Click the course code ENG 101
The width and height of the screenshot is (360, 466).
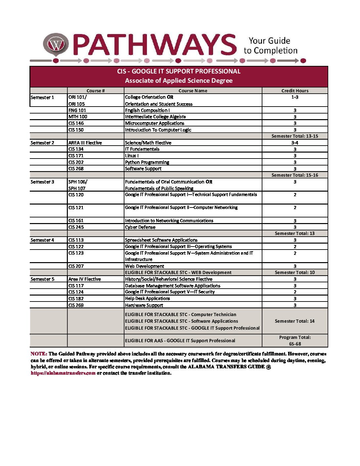[77, 110]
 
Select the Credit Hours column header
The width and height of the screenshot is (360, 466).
[295, 91]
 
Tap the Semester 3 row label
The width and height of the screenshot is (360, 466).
[42, 182]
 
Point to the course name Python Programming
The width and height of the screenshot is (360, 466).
[147, 162]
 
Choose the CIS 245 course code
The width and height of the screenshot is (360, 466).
[76, 227]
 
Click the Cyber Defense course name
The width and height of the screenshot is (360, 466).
[140, 227]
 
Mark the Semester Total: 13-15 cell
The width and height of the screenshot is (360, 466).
[295, 136]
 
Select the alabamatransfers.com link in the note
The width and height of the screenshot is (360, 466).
[63, 373]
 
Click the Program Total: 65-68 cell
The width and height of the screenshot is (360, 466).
[295, 341]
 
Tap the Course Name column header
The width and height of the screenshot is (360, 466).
[193, 91]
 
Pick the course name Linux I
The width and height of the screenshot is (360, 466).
[132, 156]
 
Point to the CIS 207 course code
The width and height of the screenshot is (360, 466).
[76, 266]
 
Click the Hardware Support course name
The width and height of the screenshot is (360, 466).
[144, 305]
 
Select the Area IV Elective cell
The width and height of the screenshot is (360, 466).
[84, 279]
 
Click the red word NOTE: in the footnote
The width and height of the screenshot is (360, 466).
[39, 354]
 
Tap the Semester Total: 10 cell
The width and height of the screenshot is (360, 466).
[295, 272]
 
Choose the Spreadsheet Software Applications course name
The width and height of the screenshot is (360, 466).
[161, 240]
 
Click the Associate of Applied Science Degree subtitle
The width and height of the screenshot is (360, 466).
[179, 81]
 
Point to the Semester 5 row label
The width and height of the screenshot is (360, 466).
[42, 279]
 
